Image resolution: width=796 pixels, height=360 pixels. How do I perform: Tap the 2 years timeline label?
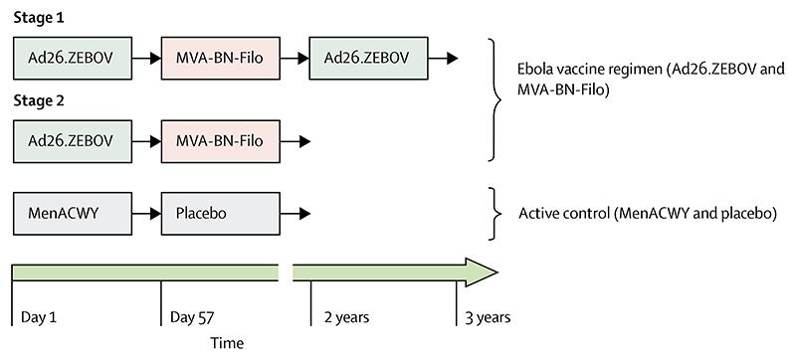pos(346,317)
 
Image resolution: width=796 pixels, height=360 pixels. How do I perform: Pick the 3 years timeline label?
pos(488,317)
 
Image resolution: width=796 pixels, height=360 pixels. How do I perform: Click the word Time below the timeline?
pos(226,342)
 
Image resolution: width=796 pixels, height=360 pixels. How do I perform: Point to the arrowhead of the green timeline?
pos(482,272)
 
